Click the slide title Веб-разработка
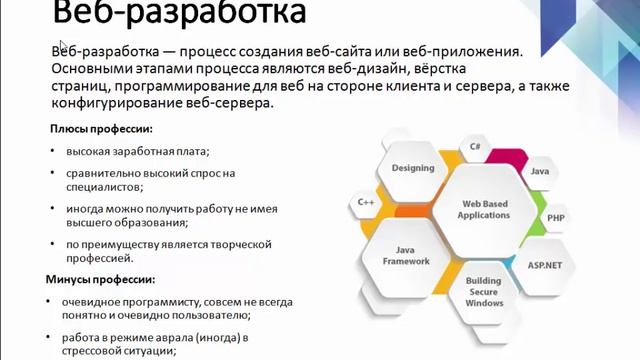click(x=179, y=12)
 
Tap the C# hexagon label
click(x=475, y=147)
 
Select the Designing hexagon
click(x=412, y=169)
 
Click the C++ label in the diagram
click(x=365, y=202)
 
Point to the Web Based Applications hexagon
click(x=484, y=210)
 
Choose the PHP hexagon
click(x=556, y=218)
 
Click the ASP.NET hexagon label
click(x=544, y=265)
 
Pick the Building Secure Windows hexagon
click(x=484, y=292)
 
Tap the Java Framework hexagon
click(x=406, y=256)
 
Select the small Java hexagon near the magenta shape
click(x=539, y=172)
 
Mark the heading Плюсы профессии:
click(x=101, y=129)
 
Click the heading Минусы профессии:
click(x=100, y=280)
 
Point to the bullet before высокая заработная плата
click(x=52, y=151)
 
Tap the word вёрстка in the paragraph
click(x=440, y=69)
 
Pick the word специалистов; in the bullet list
click(x=104, y=187)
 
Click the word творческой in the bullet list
click(x=241, y=244)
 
